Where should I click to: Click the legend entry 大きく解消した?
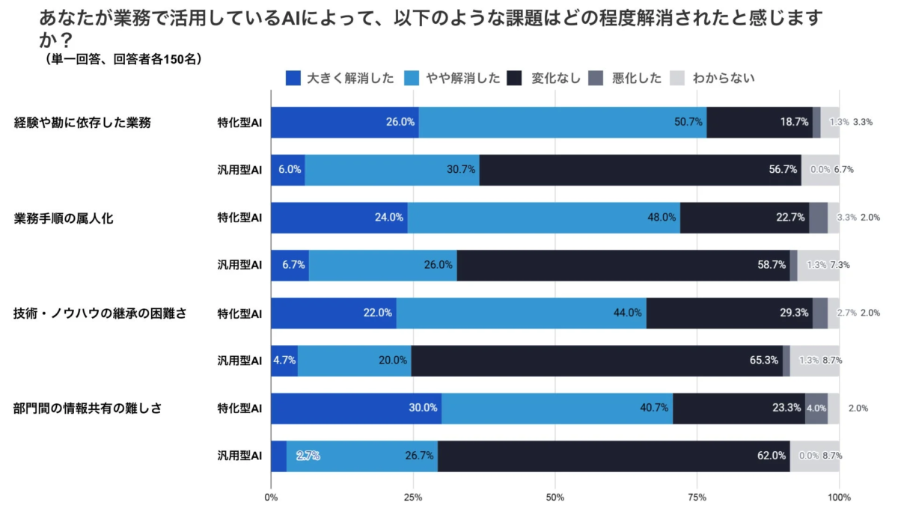pos(340,78)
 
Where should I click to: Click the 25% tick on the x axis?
pos(413,497)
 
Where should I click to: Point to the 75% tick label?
pos(697,497)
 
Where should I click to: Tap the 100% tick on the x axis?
pos(839,497)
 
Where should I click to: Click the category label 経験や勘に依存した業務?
pos(82,123)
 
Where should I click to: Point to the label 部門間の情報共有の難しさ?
pos(88,408)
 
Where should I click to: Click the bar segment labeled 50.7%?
pos(562,122)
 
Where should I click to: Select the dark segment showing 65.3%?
pos(596,361)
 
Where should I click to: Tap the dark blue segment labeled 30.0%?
pos(355,408)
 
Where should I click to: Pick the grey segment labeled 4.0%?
pos(816,408)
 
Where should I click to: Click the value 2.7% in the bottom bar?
pos(308,456)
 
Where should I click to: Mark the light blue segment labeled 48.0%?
pos(543,218)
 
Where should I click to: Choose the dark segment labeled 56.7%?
pos(640,170)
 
